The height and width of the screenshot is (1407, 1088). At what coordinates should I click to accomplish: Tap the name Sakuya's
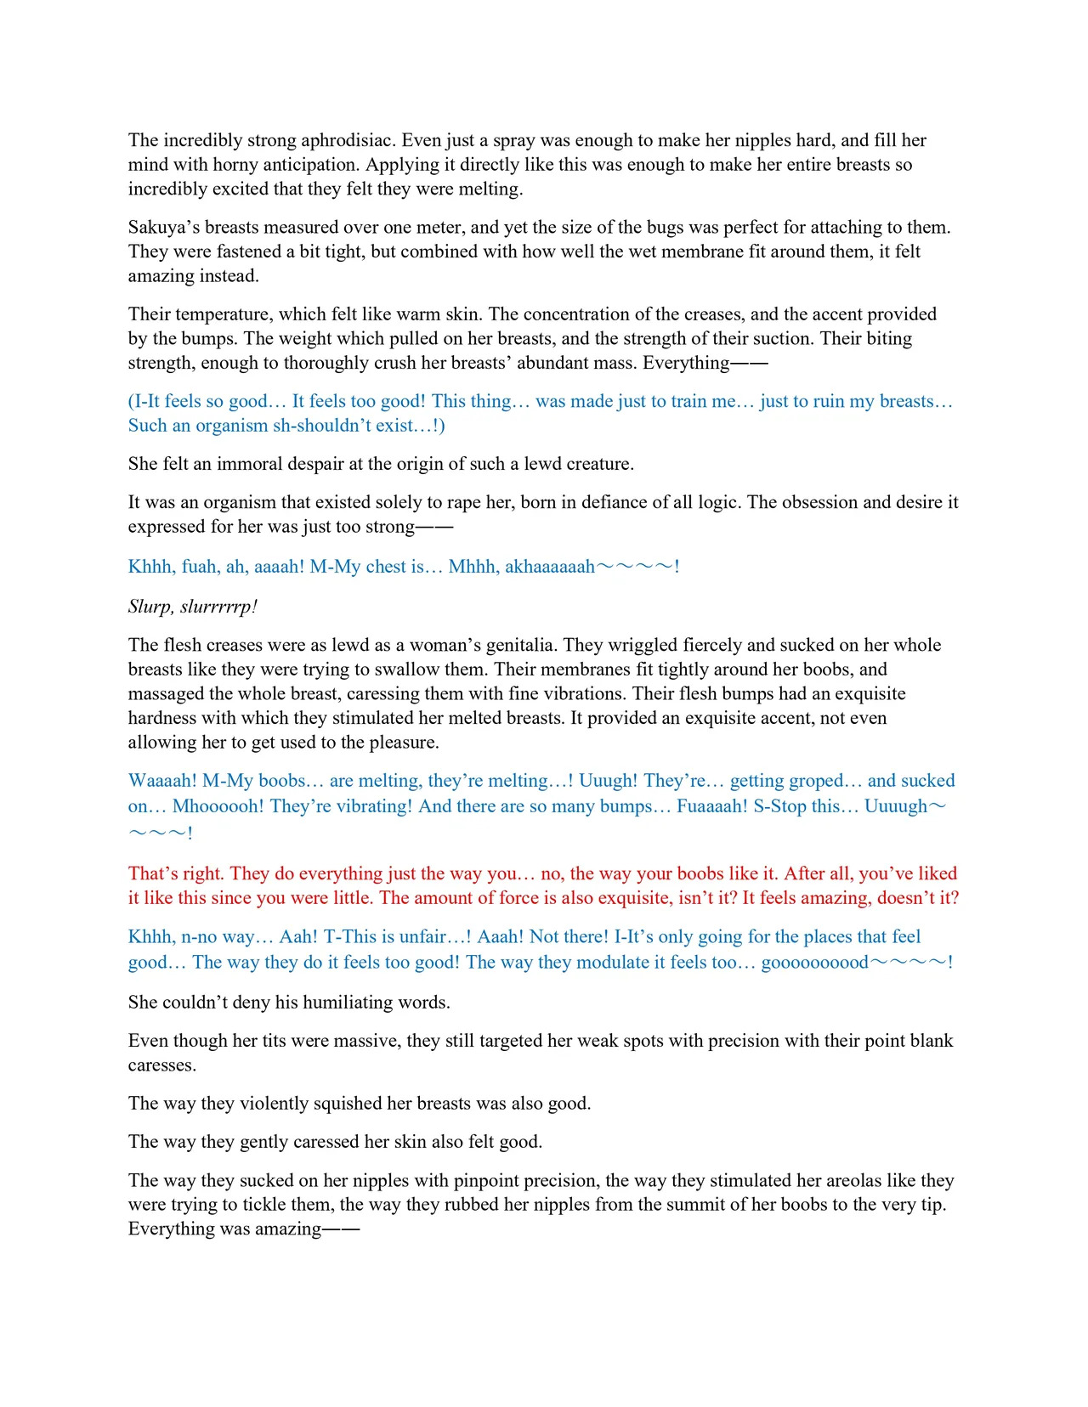tap(164, 228)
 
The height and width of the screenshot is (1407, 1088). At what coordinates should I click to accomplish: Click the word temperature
tap(224, 314)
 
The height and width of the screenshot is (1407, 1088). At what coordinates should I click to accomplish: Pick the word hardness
tap(162, 719)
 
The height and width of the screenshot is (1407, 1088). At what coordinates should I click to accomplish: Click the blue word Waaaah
tap(162, 782)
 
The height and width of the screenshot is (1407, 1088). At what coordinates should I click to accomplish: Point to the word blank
tap(928, 1042)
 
